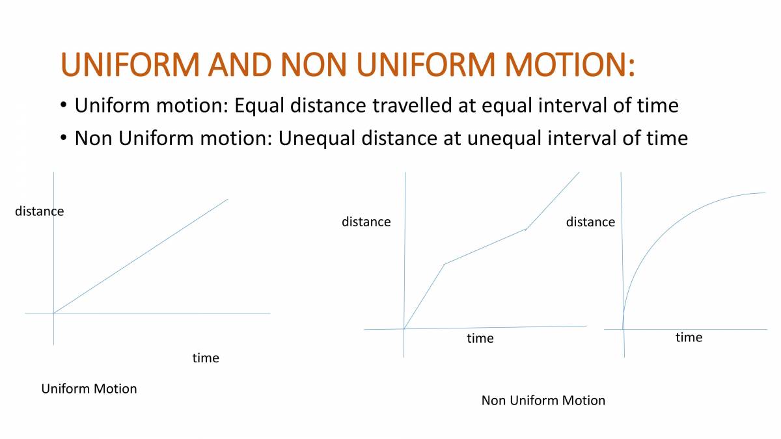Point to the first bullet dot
(x=63, y=105)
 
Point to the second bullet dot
(x=63, y=138)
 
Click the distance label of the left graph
(x=40, y=211)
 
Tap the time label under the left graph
(x=206, y=358)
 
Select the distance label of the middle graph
(x=366, y=222)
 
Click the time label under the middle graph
(x=480, y=338)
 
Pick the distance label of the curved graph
(x=590, y=222)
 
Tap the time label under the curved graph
(x=689, y=337)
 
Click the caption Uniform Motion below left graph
(x=89, y=389)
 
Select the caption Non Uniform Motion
(x=543, y=401)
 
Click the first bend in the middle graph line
(x=444, y=264)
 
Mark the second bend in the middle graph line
(x=526, y=229)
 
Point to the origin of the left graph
(x=53, y=313)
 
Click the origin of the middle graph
(x=404, y=328)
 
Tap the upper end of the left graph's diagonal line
(x=228, y=199)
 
